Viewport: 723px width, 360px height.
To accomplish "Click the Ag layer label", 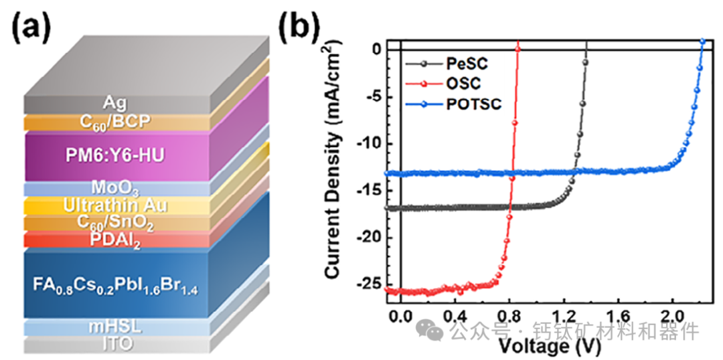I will click(x=115, y=102).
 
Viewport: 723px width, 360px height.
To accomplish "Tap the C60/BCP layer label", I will click(x=115, y=122).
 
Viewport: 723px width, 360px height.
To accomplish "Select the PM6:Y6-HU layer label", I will click(x=115, y=156).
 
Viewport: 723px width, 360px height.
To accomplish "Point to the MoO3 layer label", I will click(x=115, y=188).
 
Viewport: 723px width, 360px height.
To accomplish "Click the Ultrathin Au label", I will click(x=115, y=206).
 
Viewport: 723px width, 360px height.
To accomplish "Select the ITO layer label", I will click(x=115, y=344).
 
